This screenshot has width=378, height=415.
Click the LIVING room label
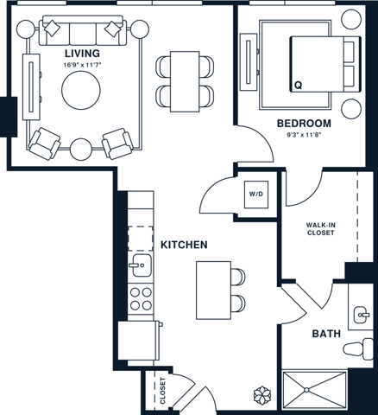click(81, 54)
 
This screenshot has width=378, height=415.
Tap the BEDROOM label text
click(305, 123)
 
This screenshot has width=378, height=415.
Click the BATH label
click(326, 334)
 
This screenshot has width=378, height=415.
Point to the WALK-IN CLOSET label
click(321, 229)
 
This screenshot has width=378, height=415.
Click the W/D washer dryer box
click(256, 195)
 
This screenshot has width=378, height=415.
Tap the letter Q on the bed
click(299, 86)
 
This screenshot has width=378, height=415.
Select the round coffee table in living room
click(82, 91)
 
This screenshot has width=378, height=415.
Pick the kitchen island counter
click(211, 288)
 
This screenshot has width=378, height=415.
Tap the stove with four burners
click(140, 299)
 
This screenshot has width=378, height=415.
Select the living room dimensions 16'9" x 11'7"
click(81, 65)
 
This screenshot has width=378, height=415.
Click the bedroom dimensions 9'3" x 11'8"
click(305, 134)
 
